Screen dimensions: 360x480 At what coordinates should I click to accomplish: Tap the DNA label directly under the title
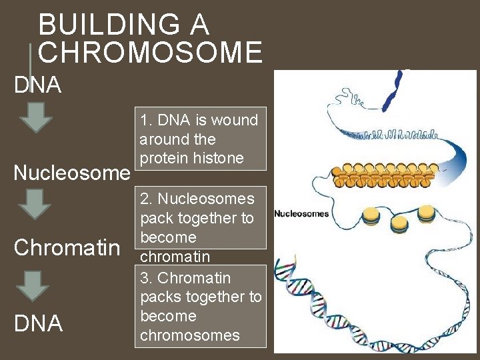pyautogui.click(x=37, y=85)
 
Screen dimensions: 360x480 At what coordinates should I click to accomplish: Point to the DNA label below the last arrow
pyautogui.click(x=37, y=323)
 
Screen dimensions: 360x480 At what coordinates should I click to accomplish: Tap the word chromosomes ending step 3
pyautogui.click(x=189, y=335)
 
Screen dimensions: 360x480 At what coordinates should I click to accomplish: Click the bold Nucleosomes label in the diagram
pyautogui.click(x=302, y=214)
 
